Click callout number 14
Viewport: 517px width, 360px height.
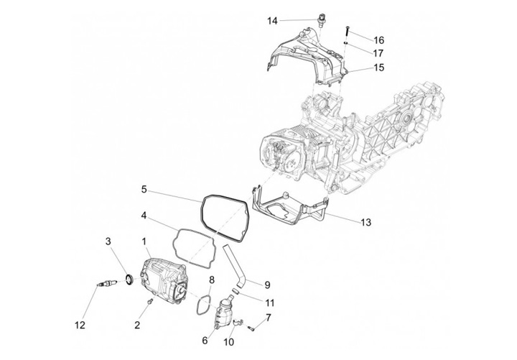pyautogui.click(x=272, y=21)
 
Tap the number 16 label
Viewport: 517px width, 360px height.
pyautogui.click(x=378, y=40)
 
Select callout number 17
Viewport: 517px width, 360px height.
pyautogui.click(x=378, y=52)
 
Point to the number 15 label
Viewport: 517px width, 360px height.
pyautogui.click(x=378, y=68)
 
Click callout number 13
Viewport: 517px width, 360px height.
pyautogui.click(x=365, y=222)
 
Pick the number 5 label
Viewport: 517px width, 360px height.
pyautogui.click(x=144, y=190)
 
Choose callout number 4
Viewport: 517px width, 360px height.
pyautogui.click(x=144, y=215)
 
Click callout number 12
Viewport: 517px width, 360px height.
pyautogui.click(x=80, y=325)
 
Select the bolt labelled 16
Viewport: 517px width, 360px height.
pyautogui.click(x=346, y=30)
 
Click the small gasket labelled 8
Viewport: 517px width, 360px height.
pyautogui.click(x=200, y=304)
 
